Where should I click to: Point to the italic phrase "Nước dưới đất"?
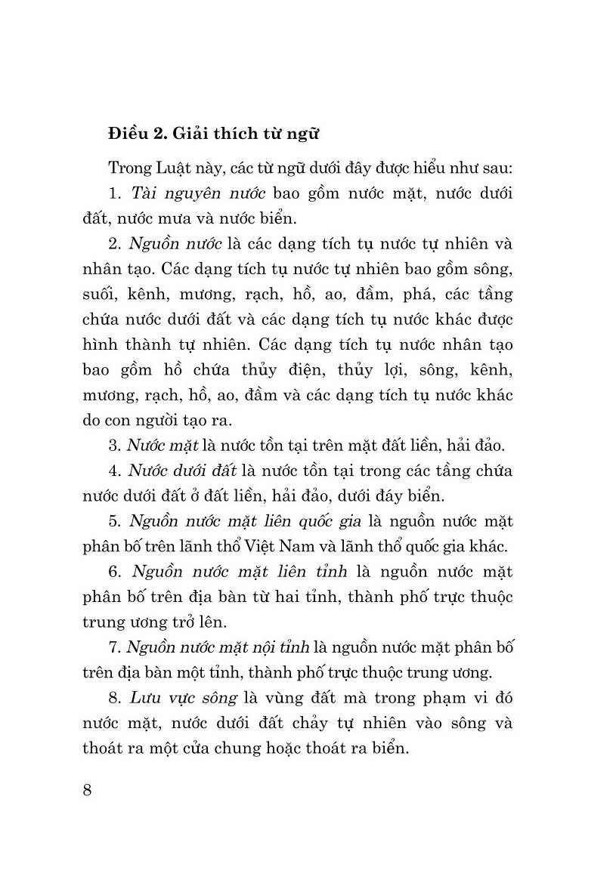(182, 471)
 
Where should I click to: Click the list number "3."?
(116, 445)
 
